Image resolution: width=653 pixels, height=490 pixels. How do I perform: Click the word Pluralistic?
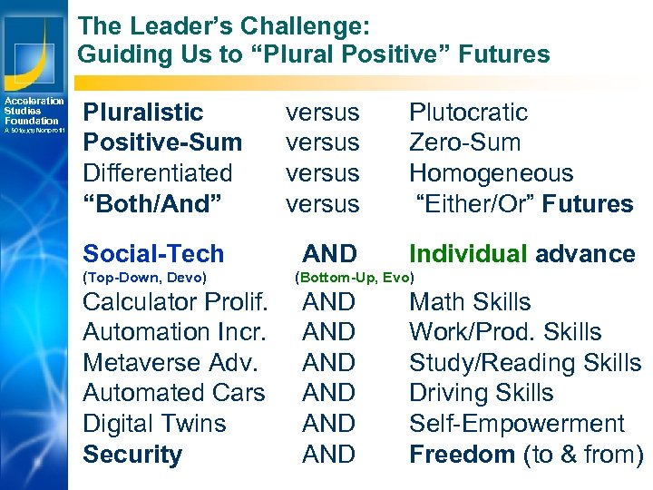point(142,113)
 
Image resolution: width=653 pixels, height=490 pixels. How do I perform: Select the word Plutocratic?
point(468,113)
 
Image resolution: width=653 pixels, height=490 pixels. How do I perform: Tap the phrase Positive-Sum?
point(162,142)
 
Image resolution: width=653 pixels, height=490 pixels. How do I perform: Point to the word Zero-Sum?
point(464,142)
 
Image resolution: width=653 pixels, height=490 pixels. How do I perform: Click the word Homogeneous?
point(491,173)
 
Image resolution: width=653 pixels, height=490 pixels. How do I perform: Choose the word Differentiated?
point(157,173)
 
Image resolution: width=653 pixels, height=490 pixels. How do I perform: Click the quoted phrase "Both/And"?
point(148,204)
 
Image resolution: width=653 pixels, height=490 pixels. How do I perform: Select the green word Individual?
point(468,254)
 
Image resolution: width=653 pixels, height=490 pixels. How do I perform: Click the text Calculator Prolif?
point(174,302)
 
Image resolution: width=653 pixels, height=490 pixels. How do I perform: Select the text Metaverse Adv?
point(170,363)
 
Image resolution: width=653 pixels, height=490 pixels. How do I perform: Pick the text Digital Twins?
point(154,424)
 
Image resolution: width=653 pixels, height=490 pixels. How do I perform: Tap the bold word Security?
point(132,455)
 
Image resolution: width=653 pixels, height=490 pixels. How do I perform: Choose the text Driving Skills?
point(481,394)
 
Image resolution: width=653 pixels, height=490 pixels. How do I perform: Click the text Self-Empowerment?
point(516,424)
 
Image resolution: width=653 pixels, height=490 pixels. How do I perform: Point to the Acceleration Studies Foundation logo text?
point(33,112)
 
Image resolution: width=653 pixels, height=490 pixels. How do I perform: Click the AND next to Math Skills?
point(328,302)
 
